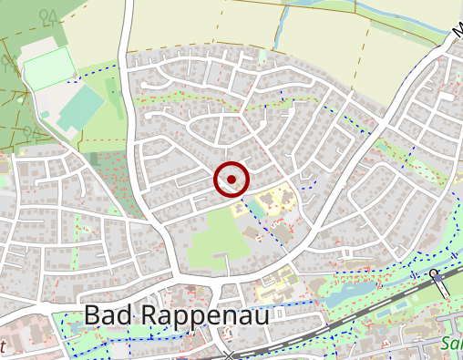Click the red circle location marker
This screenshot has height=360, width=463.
coord(231,179)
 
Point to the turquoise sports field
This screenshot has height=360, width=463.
coord(82,108)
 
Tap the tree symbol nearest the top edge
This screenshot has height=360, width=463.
coord(47,15)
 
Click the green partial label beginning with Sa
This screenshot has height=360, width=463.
coord(450,345)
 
